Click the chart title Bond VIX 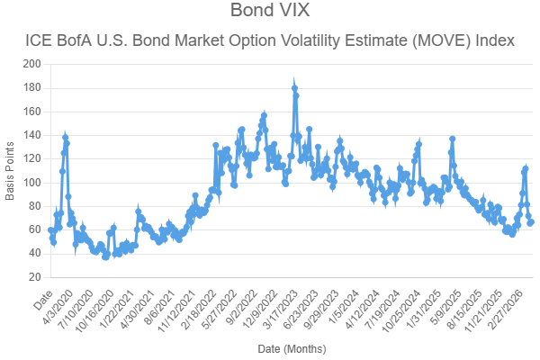click(269, 12)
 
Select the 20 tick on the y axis click(35, 277)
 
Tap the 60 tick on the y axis click(35, 229)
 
